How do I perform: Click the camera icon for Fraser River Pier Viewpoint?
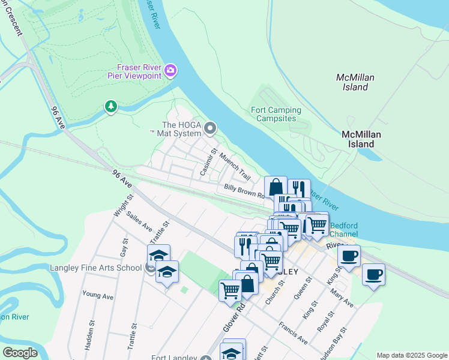(x=170, y=71)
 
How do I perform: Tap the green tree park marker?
(x=110, y=107)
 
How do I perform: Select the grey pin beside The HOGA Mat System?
(x=210, y=128)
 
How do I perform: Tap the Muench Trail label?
(x=235, y=166)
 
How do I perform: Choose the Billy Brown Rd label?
(x=244, y=191)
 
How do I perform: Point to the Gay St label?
(x=124, y=246)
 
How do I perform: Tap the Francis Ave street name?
(x=293, y=333)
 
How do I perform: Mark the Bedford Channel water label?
(x=343, y=229)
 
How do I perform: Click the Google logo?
(x=20, y=353)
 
